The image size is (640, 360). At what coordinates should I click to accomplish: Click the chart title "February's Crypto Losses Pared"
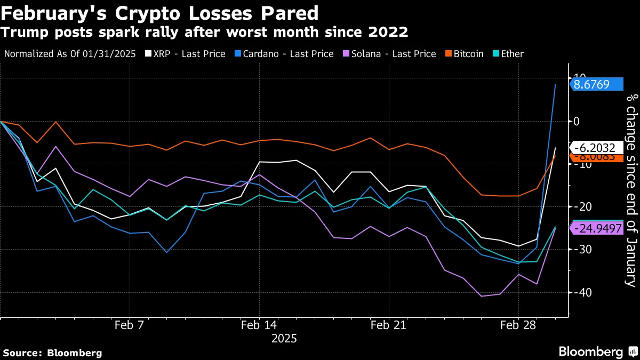click(x=159, y=12)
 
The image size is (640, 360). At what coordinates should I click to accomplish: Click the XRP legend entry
click(x=189, y=54)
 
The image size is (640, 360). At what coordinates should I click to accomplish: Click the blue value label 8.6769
click(x=596, y=84)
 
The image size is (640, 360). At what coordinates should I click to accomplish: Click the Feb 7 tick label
click(x=129, y=326)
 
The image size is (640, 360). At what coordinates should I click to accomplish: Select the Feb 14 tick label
click(x=259, y=326)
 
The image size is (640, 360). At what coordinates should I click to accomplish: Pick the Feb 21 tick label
click(x=389, y=326)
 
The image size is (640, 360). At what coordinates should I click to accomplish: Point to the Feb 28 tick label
click(x=518, y=326)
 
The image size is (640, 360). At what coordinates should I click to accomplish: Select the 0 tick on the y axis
click(x=577, y=122)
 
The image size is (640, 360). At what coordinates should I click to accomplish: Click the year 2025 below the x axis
click(x=284, y=339)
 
